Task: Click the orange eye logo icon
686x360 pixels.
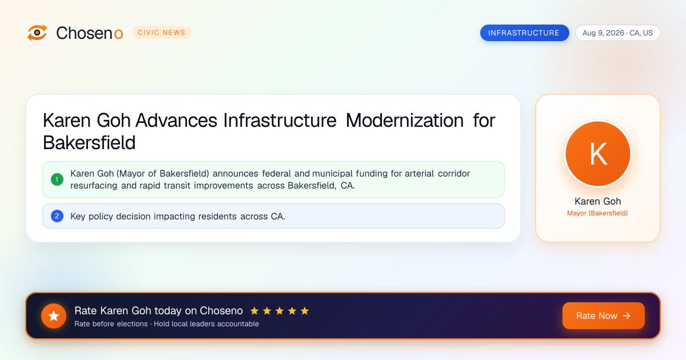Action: (37, 33)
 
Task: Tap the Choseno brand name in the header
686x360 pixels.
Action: (89, 33)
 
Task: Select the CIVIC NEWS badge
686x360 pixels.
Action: (162, 33)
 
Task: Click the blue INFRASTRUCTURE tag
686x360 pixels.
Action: (524, 33)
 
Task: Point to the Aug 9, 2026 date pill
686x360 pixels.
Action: (618, 33)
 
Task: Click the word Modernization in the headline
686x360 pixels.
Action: (405, 121)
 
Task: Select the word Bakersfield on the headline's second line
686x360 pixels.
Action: (89, 143)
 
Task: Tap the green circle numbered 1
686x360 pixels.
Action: (57, 179)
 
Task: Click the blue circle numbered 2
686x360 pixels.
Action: (57, 216)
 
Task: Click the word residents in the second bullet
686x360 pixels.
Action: (217, 217)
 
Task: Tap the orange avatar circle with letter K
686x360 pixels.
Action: (598, 154)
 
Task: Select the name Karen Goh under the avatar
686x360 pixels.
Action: (598, 201)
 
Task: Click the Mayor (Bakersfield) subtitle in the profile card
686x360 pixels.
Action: (597, 213)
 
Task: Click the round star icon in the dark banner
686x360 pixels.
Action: (54, 316)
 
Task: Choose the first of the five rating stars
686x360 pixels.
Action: (254, 311)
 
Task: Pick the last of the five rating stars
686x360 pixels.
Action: (305, 311)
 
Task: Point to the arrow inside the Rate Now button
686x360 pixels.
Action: (627, 315)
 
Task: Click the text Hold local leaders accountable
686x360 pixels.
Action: (206, 324)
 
